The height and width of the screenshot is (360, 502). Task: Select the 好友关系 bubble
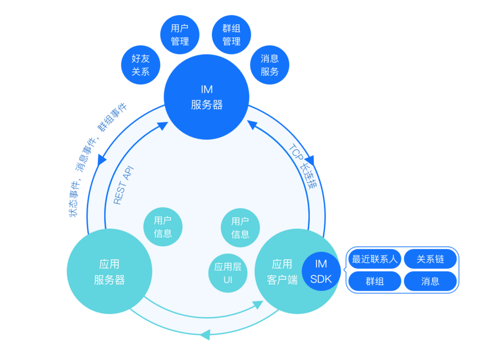click(141, 65)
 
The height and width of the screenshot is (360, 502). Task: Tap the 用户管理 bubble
click(180, 34)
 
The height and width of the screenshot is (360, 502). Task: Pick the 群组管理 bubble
click(231, 34)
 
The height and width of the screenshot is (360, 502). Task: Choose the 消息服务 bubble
click(270, 65)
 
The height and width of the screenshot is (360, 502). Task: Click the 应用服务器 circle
click(109, 272)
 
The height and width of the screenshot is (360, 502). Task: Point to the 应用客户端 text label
click(281, 272)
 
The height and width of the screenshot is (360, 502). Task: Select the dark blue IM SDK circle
click(321, 271)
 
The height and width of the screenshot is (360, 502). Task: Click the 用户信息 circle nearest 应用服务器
click(163, 227)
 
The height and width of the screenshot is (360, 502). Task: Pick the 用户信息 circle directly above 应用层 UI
click(240, 227)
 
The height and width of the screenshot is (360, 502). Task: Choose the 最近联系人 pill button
click(374, 260)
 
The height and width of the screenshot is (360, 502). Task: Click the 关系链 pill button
click(430, 260)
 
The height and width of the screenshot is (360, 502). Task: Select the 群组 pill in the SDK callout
click(374, 281)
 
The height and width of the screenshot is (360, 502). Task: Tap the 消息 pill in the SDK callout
click(430, 281)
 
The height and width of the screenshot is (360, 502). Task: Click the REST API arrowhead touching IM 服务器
click(162, 126)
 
